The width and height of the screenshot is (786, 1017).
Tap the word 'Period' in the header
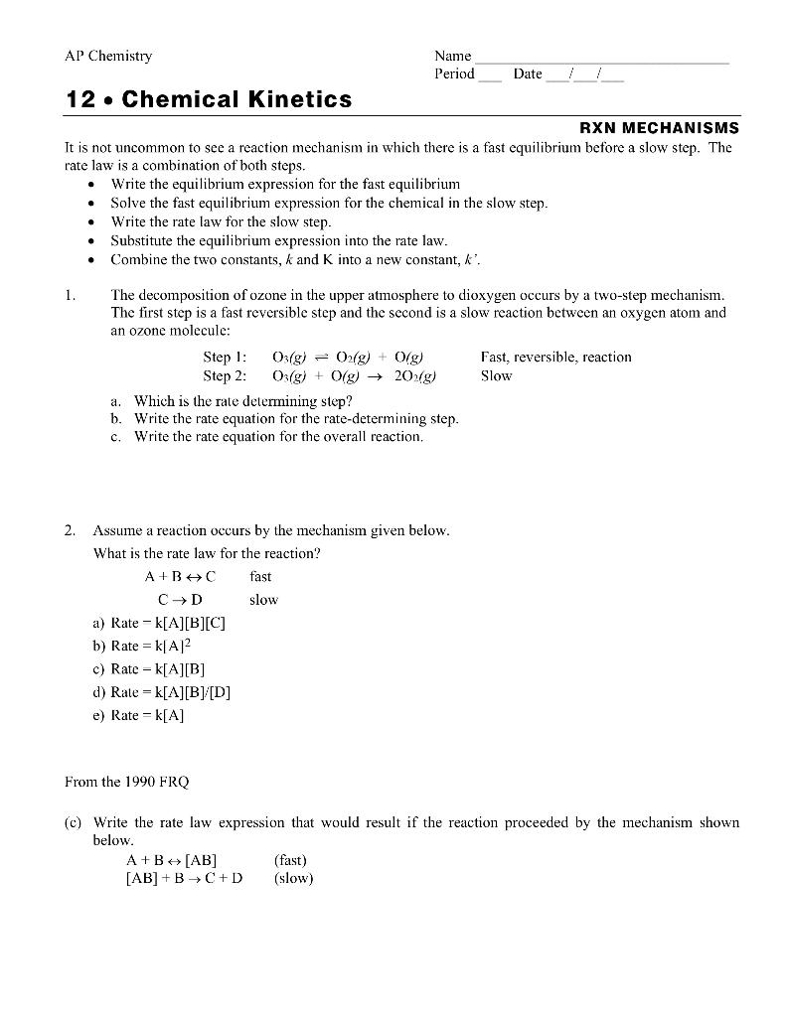[x=454, y=74]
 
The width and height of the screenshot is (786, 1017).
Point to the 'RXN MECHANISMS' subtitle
[x=659, y=127]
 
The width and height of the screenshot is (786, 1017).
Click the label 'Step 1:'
[x=225, y=357]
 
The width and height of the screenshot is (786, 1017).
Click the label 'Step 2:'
[x=225, y=376]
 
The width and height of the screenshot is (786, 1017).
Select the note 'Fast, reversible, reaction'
[x=555, y=357]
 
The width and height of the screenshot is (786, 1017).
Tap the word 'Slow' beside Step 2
[x=496, y=376]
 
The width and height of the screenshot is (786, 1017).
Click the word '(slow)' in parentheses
[x=293, y=878]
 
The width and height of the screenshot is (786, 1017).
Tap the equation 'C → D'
[x=180, y=600]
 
